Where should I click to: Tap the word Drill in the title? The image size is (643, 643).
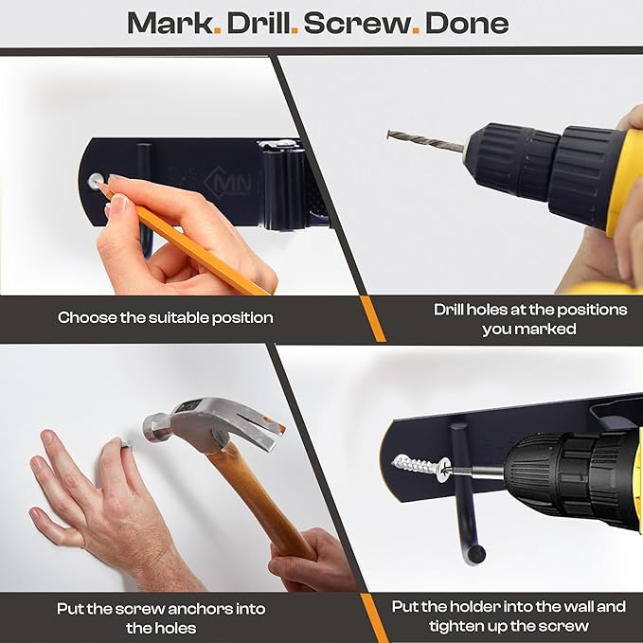click(258, 24)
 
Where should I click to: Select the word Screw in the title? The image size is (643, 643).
click(357, 24)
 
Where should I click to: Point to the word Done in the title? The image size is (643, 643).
click(467, 24)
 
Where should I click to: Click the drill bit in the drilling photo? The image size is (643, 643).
click(427, 141)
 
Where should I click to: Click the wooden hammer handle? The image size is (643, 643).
click(262, 505)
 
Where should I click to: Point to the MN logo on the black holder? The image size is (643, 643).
click(228, 181)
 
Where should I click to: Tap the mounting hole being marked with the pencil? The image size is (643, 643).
click(96, 181)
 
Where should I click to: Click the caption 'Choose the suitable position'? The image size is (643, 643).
click(166, 317)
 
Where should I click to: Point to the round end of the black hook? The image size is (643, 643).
click(474, 555)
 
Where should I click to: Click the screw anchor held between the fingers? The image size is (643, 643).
click(126, 442)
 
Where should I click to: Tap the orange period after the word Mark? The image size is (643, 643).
click(218, 30)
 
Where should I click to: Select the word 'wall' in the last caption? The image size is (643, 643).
click(575, 606)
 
